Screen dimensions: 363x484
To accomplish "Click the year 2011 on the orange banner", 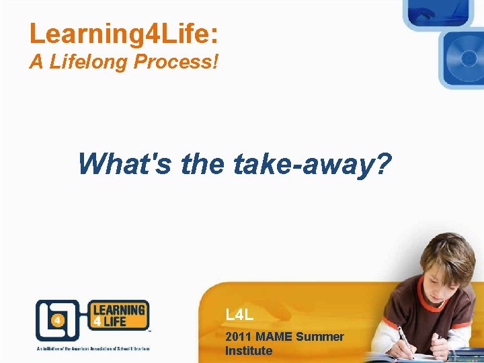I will coord(239,336).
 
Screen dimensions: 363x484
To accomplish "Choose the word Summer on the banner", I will coord(320,336).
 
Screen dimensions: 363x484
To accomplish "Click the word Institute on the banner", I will coord(249,350).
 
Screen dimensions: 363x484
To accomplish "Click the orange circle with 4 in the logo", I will coord(57,321).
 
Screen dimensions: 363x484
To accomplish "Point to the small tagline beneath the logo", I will coord(93,348).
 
